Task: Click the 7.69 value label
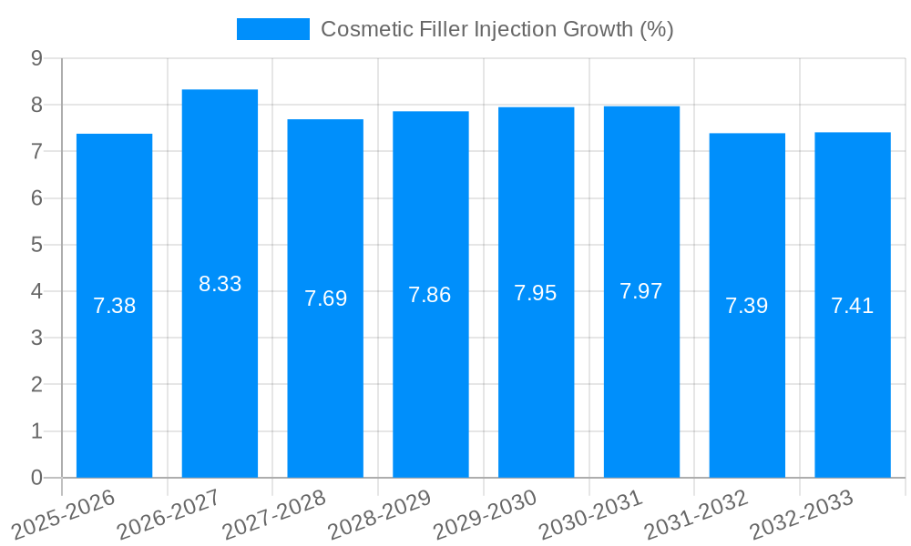tap(325, 298)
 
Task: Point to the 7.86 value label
tap(430, 295)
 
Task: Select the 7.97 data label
tap(641, 291)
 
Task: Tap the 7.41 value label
tap(852, 306)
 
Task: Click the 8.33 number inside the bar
tap(220, 284)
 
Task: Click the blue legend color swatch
tap(272, 29)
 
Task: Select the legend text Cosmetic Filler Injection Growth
tap(496, 29)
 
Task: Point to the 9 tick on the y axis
tap(36, 58)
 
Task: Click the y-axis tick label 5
tap(36, 245)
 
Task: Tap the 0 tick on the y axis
tap(36, 478)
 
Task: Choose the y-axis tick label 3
tap(36, 339)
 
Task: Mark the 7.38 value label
tap(114, 306)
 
